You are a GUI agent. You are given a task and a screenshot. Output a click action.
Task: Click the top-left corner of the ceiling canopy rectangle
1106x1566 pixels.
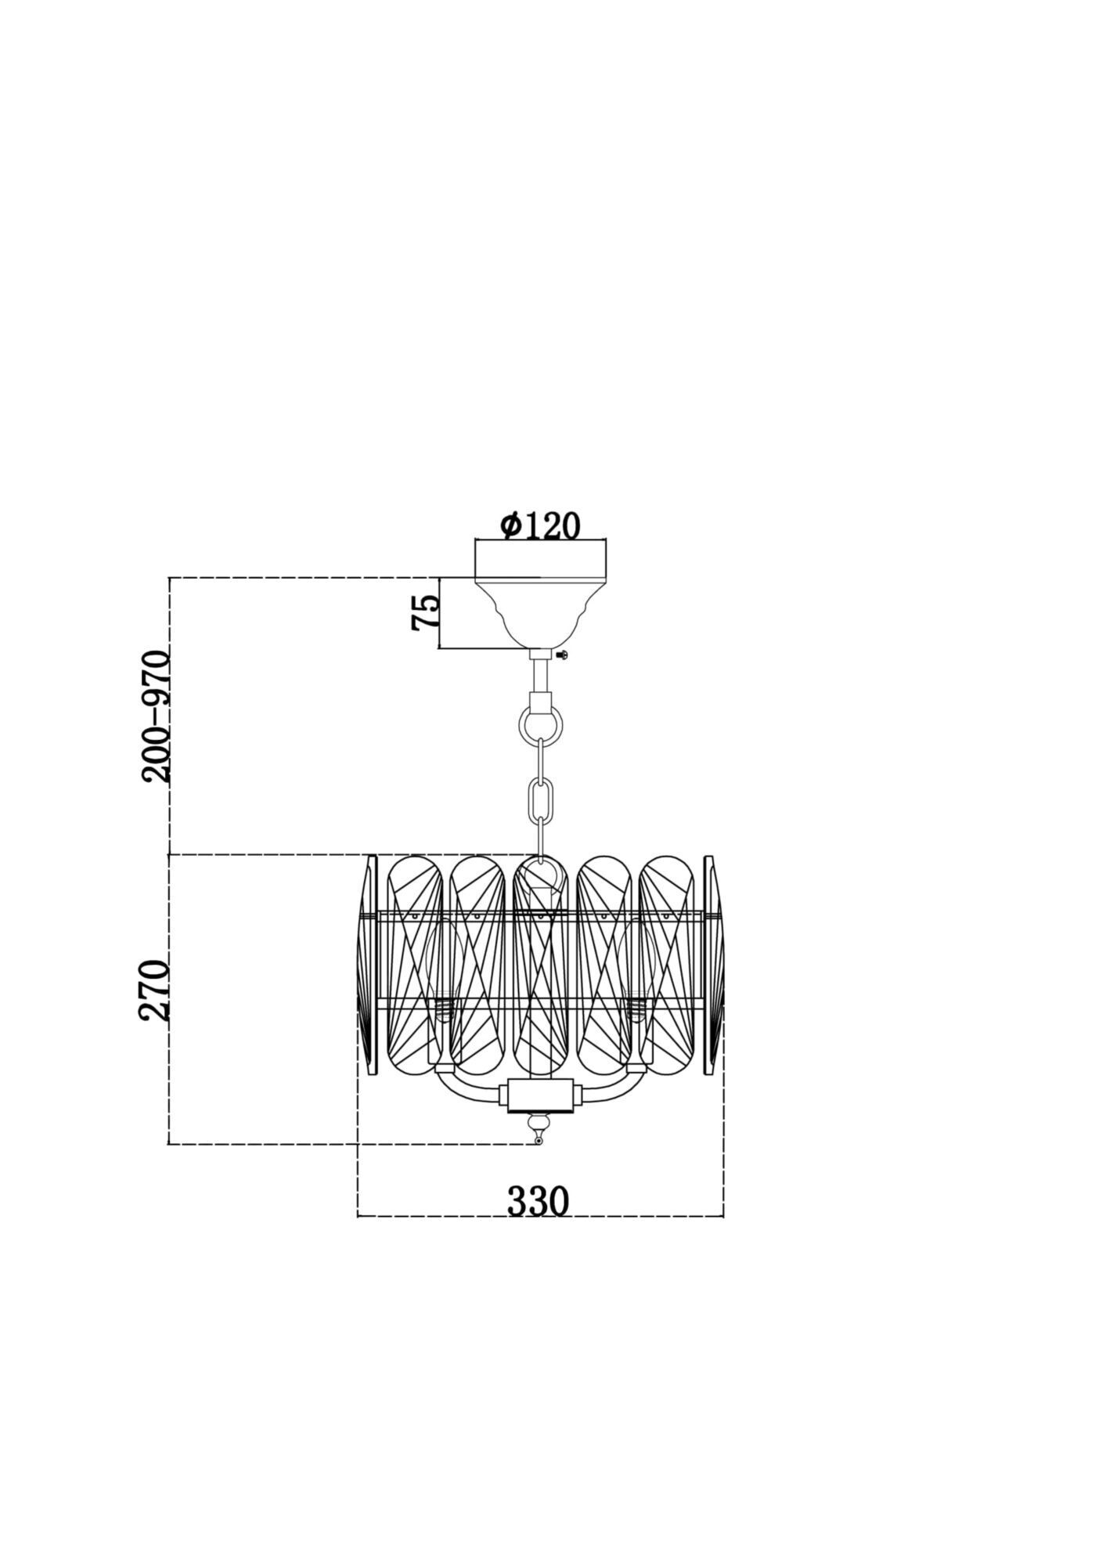click(x=476, y=539)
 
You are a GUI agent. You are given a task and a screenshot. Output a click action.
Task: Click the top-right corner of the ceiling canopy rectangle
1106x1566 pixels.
click(x=607, y=539)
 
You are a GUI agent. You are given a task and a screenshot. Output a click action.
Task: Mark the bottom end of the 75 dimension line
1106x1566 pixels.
click(x=441, y=648)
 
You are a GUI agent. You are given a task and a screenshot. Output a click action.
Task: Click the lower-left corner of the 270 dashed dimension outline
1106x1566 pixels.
click(x=169, y=1144)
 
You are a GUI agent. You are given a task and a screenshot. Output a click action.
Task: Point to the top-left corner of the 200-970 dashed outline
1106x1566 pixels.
click(x=169, y=578)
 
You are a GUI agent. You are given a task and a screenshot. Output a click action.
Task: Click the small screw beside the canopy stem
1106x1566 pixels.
click(x=561, y=654)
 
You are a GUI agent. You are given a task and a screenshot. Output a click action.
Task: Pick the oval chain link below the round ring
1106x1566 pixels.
click(x=539, y=798)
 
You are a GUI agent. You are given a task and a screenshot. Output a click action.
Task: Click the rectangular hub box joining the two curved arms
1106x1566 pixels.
click(x=540, y=1093)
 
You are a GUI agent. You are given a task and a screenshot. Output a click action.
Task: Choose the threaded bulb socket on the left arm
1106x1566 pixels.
click(x=444, y=1008)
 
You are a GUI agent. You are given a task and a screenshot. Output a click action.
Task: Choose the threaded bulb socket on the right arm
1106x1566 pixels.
click(x=636, y=1008)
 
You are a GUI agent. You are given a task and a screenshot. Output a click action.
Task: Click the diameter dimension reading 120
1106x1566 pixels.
click(x=540, y=525)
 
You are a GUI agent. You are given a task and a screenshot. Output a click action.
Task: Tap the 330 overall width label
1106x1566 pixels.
click(x=539, y=1201)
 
